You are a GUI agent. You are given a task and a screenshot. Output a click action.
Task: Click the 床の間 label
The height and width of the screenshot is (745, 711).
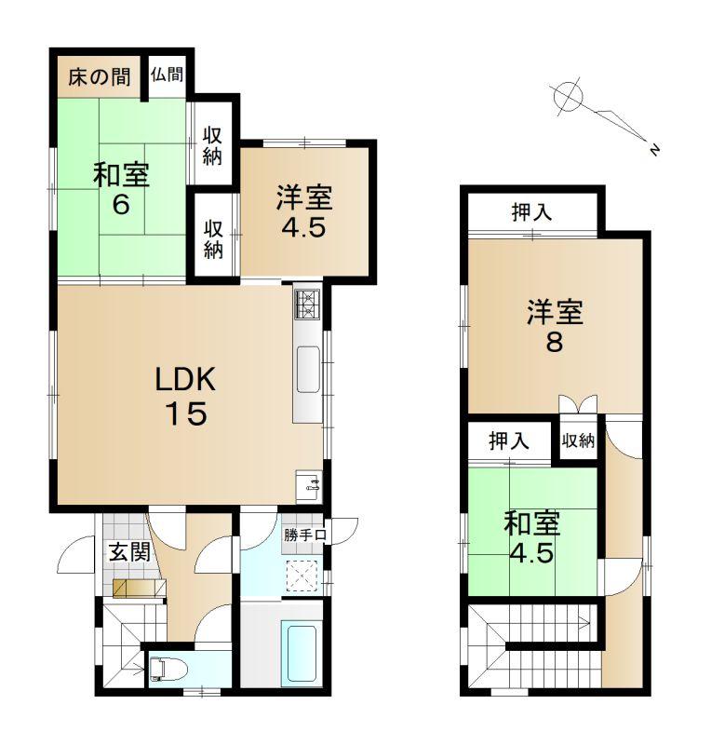100,76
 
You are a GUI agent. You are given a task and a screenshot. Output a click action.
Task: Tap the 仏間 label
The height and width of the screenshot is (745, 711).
168,74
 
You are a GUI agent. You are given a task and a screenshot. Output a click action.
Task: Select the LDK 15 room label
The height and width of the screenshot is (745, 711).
186,396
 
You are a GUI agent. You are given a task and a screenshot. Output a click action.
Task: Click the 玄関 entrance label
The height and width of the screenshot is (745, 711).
129,552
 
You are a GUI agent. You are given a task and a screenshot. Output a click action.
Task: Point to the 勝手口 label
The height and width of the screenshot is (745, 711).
305,535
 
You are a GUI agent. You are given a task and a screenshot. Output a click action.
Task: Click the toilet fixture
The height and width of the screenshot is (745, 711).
168,669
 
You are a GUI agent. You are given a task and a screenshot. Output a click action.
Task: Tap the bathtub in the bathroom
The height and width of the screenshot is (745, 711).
299,655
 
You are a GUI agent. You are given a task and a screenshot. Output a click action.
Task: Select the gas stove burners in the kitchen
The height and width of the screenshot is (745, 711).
308,305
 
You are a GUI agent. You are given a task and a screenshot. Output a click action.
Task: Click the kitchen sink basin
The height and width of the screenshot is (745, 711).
308,370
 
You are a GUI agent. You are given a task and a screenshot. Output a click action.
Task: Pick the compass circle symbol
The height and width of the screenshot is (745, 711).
568,96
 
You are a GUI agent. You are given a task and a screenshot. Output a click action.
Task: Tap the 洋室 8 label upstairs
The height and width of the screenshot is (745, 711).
555,326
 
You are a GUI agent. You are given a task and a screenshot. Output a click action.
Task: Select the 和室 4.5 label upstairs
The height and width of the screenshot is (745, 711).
532,537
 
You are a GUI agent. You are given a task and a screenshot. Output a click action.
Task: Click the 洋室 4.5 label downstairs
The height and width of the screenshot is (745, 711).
304,211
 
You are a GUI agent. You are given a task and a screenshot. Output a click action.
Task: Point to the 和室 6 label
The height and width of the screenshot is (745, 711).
121,189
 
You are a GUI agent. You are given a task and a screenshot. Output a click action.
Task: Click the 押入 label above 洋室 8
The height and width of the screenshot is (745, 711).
531,212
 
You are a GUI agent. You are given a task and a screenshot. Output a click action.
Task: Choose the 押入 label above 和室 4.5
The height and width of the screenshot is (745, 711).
509,440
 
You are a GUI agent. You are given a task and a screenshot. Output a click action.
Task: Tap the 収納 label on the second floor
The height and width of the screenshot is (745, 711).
578,440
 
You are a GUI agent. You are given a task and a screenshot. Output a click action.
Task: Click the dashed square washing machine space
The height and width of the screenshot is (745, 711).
302,576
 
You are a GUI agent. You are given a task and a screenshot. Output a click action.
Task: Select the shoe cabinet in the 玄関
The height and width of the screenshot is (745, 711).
140,588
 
